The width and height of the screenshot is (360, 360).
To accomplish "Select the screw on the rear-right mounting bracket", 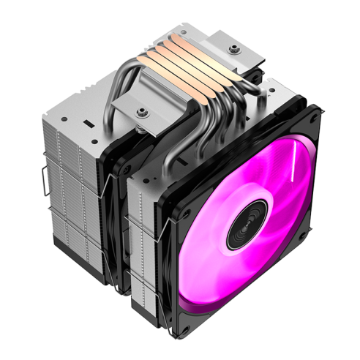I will pyautogui.click(x=234, y=49).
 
